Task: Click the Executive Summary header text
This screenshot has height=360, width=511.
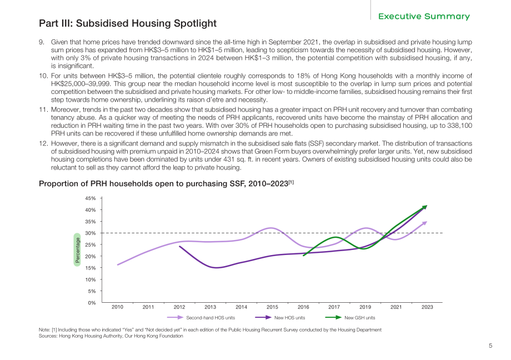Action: tap(424, 16)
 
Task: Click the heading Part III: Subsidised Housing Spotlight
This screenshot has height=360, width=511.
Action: tap(128, 23)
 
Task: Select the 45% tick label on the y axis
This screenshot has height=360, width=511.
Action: tap(91, 198)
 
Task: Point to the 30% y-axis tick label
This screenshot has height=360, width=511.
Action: tap(91, 233)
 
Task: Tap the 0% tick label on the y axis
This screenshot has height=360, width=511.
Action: tap(92, 303)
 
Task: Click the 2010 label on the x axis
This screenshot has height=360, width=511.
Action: tap(117, 307)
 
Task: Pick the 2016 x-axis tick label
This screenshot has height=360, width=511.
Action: tap(303, 307)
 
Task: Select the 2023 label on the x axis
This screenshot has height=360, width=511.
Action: tap(427, 307)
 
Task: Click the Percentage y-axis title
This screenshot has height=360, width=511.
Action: tap(77, 250)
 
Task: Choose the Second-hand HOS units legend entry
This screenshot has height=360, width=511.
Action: tap(201, 318)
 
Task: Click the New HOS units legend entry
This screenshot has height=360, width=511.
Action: tap(280, 318)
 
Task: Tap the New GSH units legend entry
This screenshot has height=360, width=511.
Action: tap(350, 318)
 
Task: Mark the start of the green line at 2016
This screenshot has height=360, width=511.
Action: tap(303, 256)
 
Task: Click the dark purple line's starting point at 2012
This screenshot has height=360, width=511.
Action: tap(179, 246)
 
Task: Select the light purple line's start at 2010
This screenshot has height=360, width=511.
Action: tap(118, 265)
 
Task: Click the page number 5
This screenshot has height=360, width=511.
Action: tap(490, 346)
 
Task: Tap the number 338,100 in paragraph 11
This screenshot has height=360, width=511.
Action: tap(459, 126)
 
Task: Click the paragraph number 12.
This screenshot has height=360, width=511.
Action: tap(43, 143)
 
